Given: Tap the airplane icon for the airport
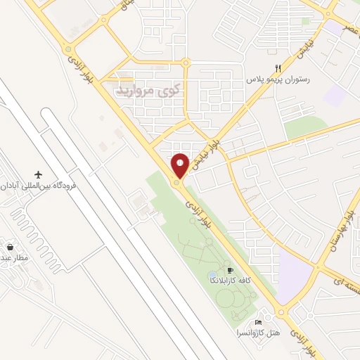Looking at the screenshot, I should (38, 174).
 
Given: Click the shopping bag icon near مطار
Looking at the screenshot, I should (10, 247).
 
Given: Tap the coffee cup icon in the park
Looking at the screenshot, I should (229, 270).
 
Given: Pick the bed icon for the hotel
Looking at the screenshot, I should (258, 321).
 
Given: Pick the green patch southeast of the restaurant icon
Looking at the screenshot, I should (304, 127).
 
